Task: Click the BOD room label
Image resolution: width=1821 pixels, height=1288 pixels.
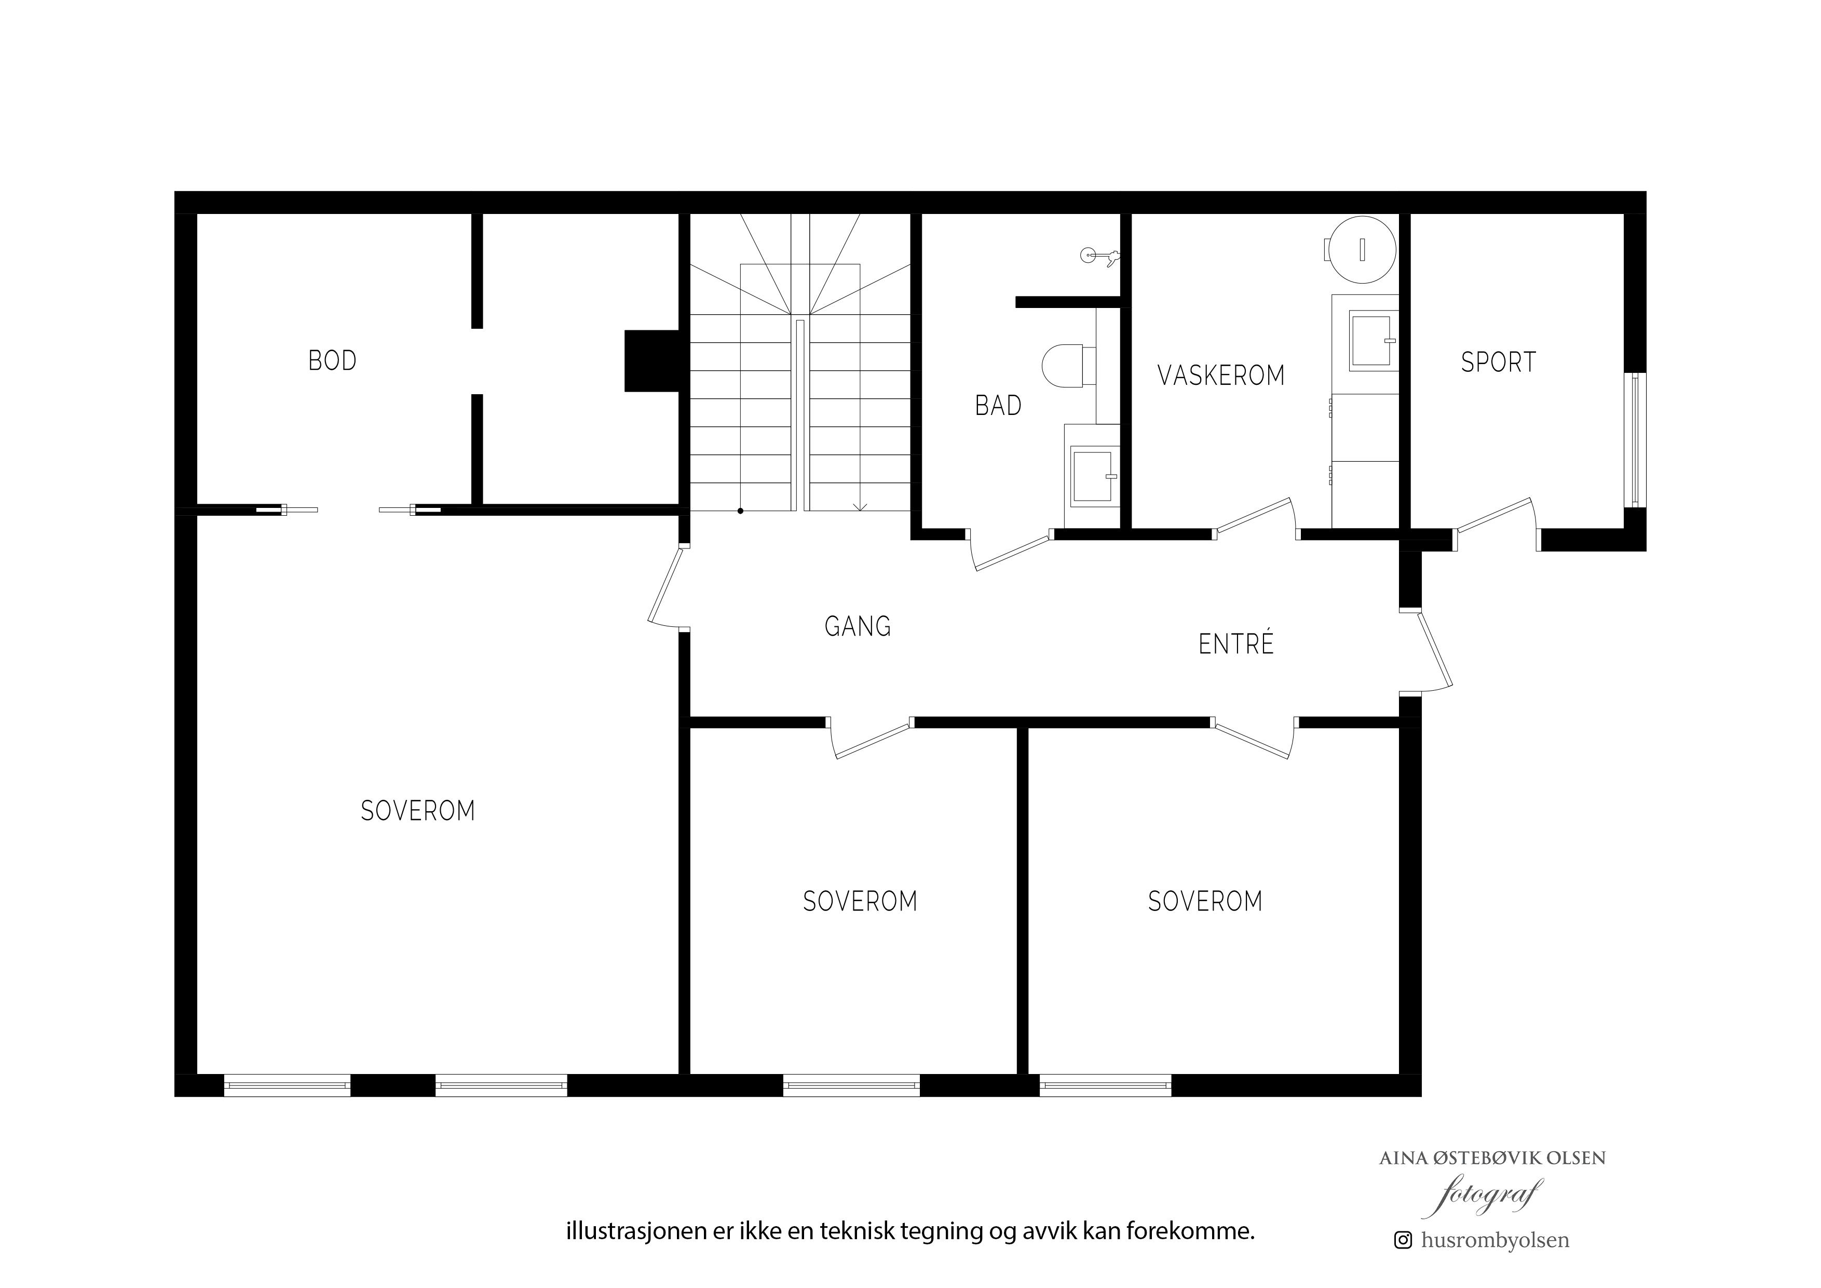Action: coord(332,361)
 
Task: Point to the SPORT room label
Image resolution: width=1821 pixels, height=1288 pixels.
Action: coord(1498,363)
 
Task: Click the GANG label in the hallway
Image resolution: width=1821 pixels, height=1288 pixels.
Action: coord(858,627)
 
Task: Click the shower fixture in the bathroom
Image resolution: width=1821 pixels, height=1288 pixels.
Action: coord(1100,256)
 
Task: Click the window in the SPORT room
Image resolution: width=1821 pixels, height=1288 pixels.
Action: coord(1635,440)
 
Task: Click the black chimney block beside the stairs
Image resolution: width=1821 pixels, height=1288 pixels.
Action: coord(653,361)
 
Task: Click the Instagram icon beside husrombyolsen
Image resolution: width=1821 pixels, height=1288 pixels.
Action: coord(1403,1240)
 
